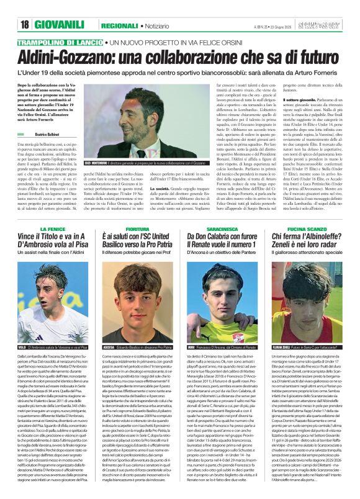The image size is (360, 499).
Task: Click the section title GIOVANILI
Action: tap(61, 25)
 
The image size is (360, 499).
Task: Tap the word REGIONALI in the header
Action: tap(120, 25)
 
